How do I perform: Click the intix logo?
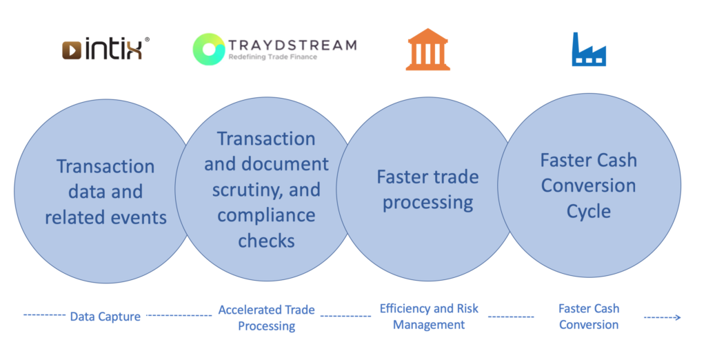pos(105,49)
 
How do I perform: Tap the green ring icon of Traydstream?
pos(208,49)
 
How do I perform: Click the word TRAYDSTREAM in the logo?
pos(292,45)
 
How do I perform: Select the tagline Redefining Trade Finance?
pos(273,57)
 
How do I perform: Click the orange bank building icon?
pos(427,49)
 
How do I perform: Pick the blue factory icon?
pos(589,50)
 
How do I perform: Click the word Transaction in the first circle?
pos(105,166)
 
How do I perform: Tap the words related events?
pos(105,218)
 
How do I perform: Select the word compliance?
pos(267,216)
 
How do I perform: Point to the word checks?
pos(267,241)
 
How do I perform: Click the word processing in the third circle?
pos(427,203)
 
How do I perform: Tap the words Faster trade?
pos(427,177)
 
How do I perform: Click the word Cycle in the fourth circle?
pos(589,212)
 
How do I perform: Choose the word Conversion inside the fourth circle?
pos(589,186)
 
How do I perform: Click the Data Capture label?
pos(105,317)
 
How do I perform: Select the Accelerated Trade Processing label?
pos(267,318)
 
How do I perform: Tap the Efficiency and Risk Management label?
pos(429,317)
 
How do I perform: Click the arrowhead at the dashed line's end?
pos(678,318)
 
